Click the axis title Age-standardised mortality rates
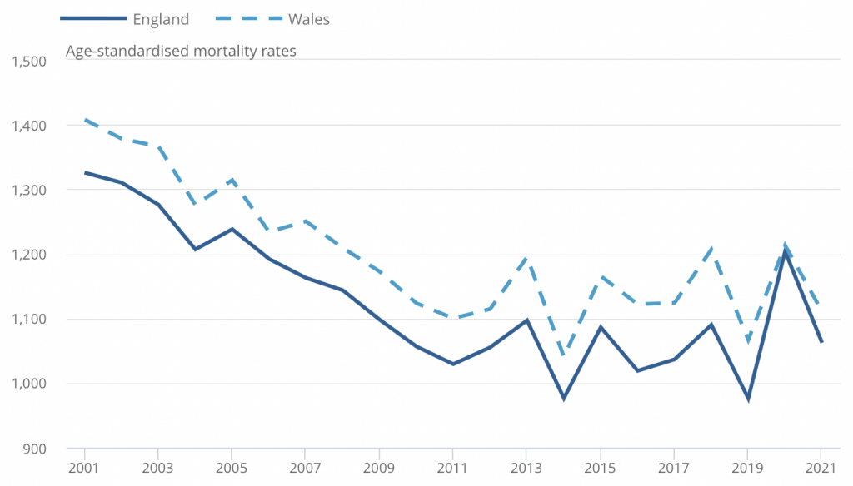[x=181, y=51]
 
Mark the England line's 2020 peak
[x=784, y=251]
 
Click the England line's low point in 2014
[x=563, y=399]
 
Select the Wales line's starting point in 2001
[x=84, y=120]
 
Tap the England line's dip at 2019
[x=747, y=399]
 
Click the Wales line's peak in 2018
[x=711, y=248]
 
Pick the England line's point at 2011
[x=452, y=364]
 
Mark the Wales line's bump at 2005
[x=232, y=180]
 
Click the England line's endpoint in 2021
[x=821, y=341]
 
